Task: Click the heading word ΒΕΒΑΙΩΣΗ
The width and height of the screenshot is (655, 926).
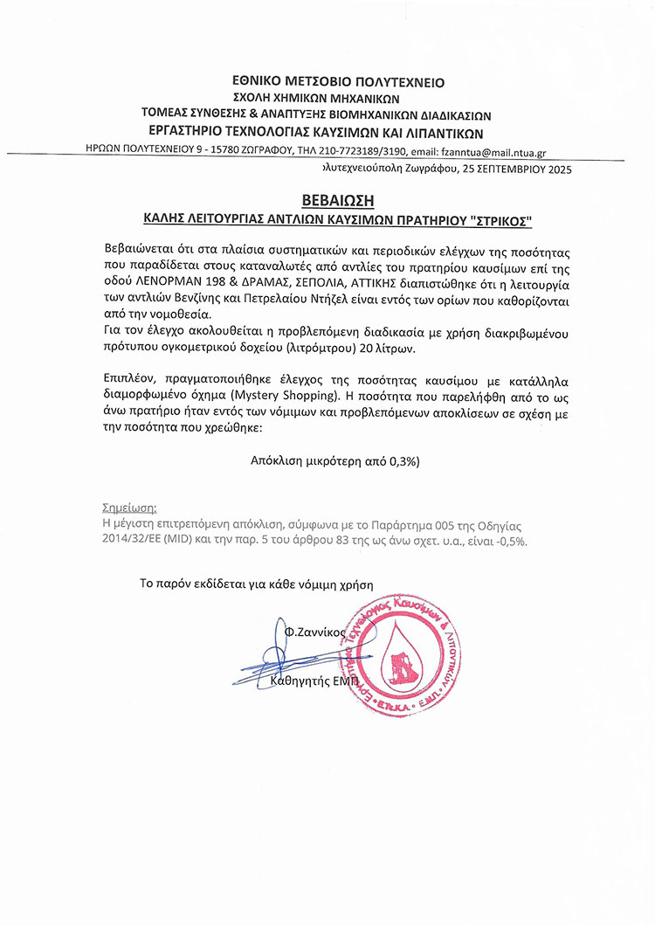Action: coord(327,198)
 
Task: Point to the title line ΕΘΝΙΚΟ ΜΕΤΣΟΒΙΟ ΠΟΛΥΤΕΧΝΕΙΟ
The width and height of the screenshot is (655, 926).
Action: coord(327,82)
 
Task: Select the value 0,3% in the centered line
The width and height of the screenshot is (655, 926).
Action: coord(398,459)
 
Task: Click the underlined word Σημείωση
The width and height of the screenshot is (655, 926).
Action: coord(129,507)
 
